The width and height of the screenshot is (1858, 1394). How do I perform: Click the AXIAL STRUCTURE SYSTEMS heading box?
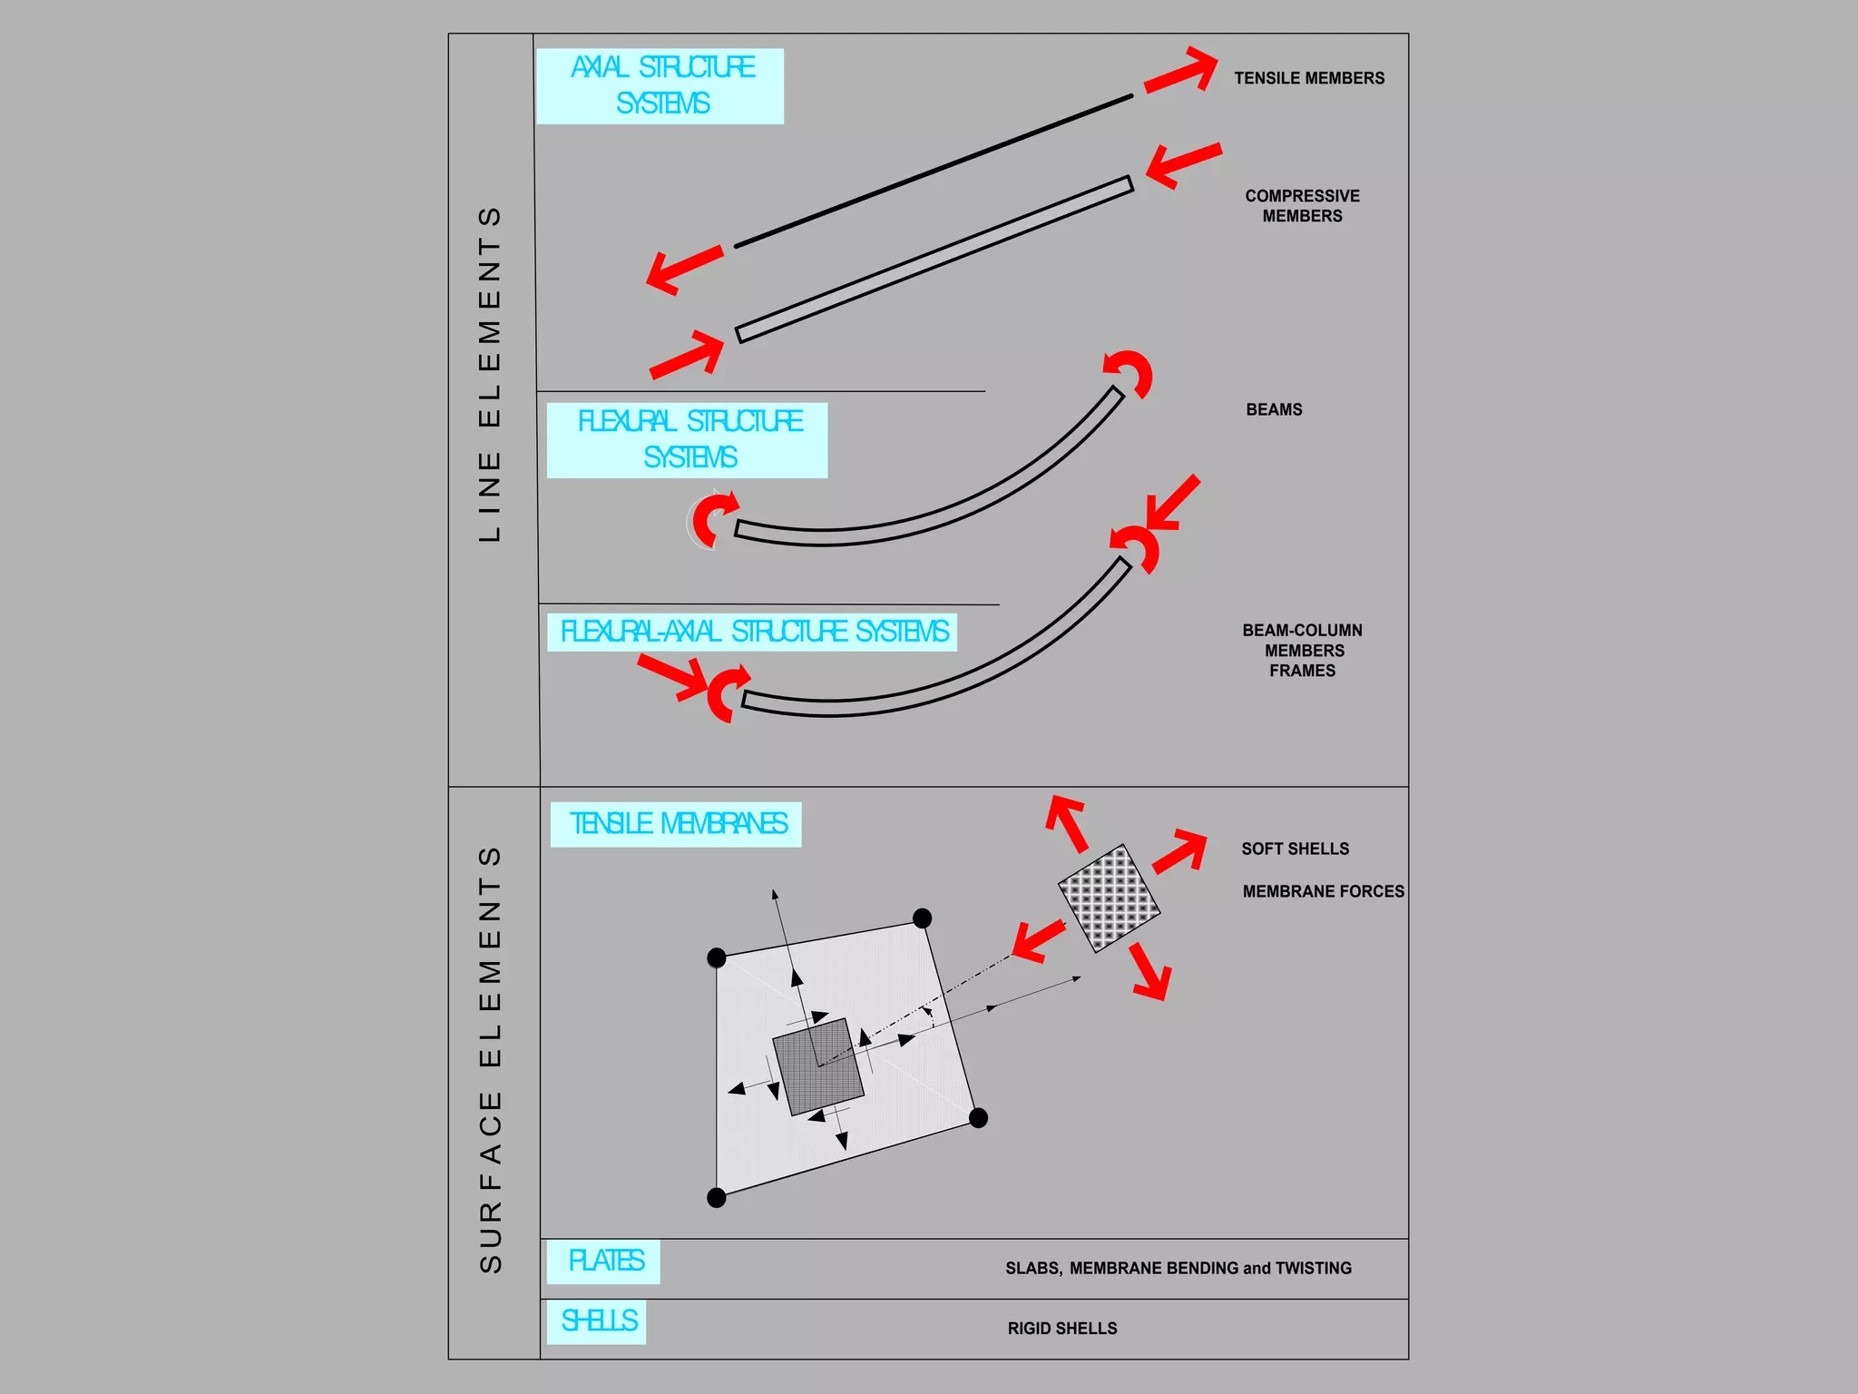[x=660, y=86]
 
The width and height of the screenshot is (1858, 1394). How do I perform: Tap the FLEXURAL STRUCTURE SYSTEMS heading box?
[x=687, y=440]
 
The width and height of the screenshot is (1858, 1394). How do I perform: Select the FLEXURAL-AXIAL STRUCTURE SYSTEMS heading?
[x=752, y=632]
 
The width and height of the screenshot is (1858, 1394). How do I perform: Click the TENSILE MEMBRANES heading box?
[x=676, y=824]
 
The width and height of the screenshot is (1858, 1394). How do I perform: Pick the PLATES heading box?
[x=603, y=1261]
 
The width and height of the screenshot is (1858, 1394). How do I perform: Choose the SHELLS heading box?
[x=596, y=1321]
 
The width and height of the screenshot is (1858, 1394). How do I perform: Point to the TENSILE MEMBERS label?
[x=1308, y=79]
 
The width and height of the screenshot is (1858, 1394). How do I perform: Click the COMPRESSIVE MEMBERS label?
[x=1302, y=206]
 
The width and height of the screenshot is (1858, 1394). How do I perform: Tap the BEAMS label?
[x=1274, y=410]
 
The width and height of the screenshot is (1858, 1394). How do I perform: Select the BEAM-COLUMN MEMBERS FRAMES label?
[x=1303, y=651]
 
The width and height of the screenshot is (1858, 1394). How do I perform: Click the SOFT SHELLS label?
[x=1295, y=849]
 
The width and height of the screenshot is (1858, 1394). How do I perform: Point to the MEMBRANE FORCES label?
[x=1323, y=892]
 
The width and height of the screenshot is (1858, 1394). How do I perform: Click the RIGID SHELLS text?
[x=1061, y=1329]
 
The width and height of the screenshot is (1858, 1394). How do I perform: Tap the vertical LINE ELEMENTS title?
[x=490, y=375]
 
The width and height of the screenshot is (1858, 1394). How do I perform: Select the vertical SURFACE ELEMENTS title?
[x=490, y=1059]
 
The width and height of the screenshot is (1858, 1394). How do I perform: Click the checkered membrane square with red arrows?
[x=1109, y=898]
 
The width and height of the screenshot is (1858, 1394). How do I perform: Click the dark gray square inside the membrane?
[x=817, y=1066]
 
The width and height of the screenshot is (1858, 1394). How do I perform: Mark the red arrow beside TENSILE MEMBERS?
[x=1182, y=71]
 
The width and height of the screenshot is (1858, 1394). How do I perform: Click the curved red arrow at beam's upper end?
[x=1130, y=372]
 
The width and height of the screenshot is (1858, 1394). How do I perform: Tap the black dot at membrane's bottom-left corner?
[x=716, y=1198]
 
